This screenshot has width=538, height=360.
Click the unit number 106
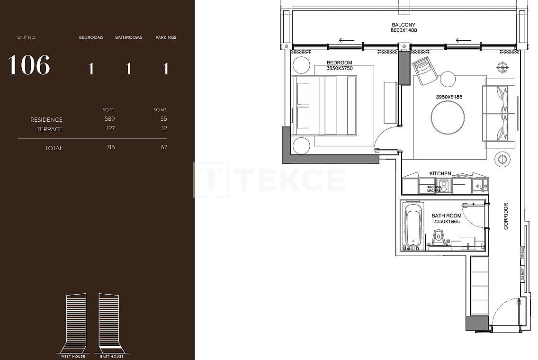pyautogui.click(x=29, y=65)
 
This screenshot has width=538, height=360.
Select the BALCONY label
pyautogui.click(x=403, y=25)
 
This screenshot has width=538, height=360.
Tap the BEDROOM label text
pyautogui.click(x=340, y=63)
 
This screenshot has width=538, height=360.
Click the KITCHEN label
pyautogui.click(x=440, y=173)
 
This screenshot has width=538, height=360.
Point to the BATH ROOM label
pyautogui.click(x=446, y=216)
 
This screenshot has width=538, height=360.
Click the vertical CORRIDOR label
pyautogui.click(x=506, y=216)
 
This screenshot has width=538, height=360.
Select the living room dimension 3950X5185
pyautogui.click(x=449, y=97)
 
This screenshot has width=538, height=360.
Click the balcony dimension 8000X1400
pyautogui.click(x=403, y=30)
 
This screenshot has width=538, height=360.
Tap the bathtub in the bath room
pyautogui.click(x=413, y=225)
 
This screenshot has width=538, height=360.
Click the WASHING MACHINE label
pyautogui.click(x=434, y=189)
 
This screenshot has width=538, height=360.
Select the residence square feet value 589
pyautogui.click(x=110, y=119)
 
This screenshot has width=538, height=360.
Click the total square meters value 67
pyautogui.click(x=164, y=147)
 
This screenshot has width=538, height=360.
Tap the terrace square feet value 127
pyautogui.click(x=110, y=128)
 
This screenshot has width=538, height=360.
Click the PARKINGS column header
pyautogui.click(x=166, y=37)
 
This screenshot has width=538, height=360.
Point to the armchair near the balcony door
pyautogui.click(x=425, y=71)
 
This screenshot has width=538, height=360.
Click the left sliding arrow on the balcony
pyautogui.click(x=347, y=41)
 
